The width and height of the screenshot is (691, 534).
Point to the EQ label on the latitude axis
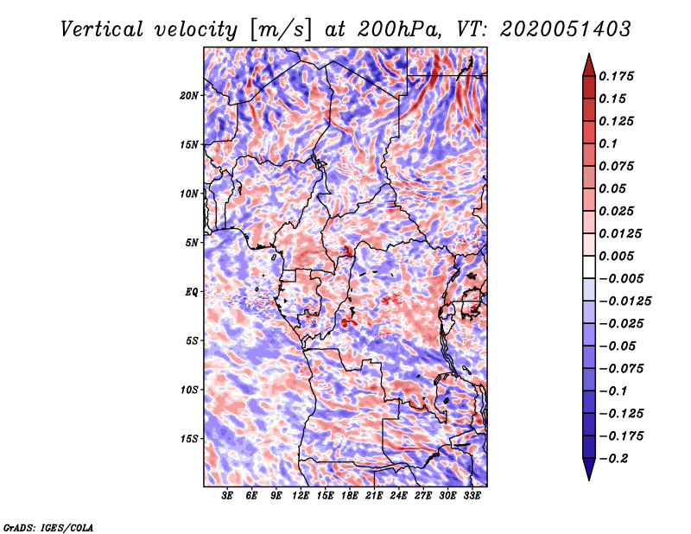click(192, 292)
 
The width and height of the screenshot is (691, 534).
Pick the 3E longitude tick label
click(228, 496)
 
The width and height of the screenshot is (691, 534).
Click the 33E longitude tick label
click(472, 496)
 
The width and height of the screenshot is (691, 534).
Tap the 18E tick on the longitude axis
click(350, 496)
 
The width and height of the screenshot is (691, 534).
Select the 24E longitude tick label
click(399, 496)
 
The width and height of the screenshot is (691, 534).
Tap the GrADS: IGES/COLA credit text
click(48, 526)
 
